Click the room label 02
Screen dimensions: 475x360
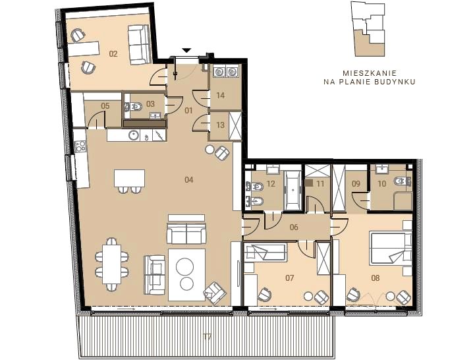(x=113, y=54)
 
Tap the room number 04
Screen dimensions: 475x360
(x=188, y=180)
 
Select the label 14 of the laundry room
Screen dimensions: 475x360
(x=221, y=95)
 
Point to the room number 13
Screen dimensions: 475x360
(x=221, y=125)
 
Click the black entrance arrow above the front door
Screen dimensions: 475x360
(x=187, y=50)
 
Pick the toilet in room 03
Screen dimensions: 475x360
(x=133, y=106)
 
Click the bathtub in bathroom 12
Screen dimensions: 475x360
(x=293, y=190)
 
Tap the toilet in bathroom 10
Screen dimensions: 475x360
(x=402, y=182)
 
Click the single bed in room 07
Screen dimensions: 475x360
(x=265, y=253)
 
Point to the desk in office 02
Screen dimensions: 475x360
(x=83, y=49)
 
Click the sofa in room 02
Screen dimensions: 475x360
(x=139, y=45)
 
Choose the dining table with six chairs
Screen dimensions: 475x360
(x=111, y=264)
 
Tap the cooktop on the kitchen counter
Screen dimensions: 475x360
(x=80, y=147)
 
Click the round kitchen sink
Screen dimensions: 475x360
(x=134, y=135)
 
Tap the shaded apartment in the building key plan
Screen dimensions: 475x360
(x=370, y=44)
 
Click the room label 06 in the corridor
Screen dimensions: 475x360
(x=294, y=227)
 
